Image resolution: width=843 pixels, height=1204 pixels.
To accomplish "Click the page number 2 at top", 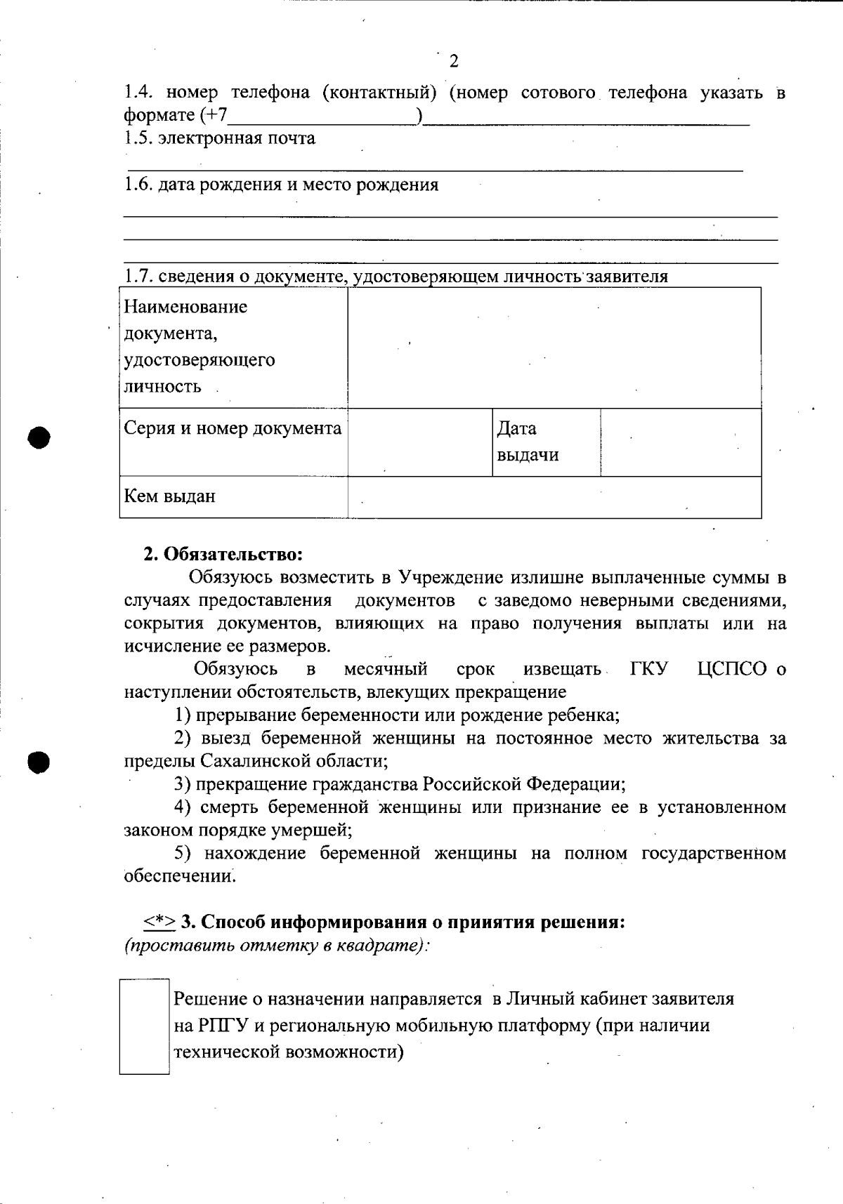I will point(453,61).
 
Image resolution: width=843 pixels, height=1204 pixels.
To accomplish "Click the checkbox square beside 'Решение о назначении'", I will point(145,1026).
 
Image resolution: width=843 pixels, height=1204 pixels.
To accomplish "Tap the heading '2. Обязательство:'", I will point(223,554).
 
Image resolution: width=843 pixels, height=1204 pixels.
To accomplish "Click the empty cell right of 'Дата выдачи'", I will point(680,442).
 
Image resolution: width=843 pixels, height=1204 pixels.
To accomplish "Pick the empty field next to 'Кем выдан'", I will point(554,496).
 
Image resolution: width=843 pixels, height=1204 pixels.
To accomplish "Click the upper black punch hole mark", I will point(40,436).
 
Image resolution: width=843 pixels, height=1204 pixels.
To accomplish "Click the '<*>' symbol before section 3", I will point(160,921).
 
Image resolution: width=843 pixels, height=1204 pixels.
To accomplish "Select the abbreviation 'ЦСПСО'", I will point(733,669).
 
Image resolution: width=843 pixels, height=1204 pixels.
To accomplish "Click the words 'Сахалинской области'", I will point(293,761).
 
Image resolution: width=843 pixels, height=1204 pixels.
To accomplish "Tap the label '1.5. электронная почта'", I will point(220,138).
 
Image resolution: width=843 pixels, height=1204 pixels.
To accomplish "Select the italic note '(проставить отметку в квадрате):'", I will point(277,945).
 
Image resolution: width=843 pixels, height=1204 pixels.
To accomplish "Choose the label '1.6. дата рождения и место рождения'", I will point(281,185).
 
